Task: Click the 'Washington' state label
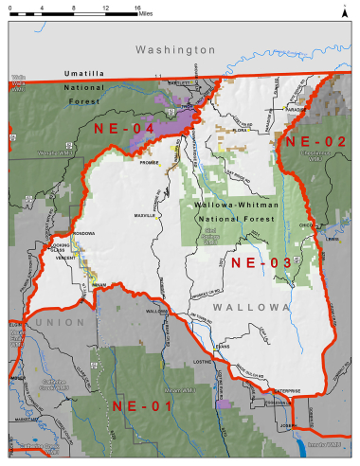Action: [x=175, y=48]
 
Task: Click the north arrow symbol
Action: [x=344, y=10]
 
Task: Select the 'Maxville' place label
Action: [x=145, y=215]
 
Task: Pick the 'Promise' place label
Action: [x=148, y=160]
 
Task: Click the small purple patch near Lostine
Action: [x=224, y=404]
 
